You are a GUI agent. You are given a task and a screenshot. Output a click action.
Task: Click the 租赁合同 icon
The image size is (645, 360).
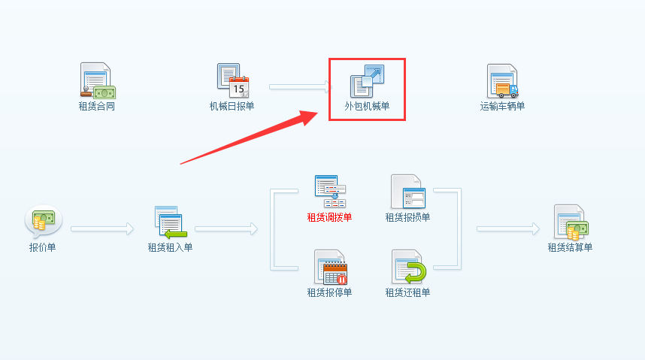(x=97, y=81)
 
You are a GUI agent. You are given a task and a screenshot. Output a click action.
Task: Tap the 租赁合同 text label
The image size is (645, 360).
(x=97, y=106)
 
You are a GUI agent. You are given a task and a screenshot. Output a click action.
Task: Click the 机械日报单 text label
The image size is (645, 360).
(x=232, y=106)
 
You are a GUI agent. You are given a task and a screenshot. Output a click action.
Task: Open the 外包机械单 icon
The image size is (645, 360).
(x=368, y=81)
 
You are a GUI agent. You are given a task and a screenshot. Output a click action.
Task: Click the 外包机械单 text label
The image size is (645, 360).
(x=368, y=106)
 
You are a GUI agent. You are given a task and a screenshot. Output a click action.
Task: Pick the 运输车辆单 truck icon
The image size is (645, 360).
(x=502, y=81)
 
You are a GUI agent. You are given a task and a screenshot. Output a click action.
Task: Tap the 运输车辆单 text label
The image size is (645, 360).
(x=502, y=106)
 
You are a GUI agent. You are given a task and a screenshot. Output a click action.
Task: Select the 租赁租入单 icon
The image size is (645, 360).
(x=170, y=222)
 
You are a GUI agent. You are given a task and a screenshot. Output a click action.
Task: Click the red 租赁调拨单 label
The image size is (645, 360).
(x=329, y=217)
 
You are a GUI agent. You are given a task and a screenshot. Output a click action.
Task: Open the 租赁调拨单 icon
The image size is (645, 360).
(x=330, y=192)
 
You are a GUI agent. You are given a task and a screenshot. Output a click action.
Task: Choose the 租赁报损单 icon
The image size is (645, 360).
(x=408, y=192)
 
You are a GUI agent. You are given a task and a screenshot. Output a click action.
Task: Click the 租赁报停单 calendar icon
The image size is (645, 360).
(x=330, y=268)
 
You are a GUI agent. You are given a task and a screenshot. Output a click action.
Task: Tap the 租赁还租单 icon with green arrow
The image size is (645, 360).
(x=408, y=268)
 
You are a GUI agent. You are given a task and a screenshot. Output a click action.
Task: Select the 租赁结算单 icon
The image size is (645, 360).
(x=571, y=222)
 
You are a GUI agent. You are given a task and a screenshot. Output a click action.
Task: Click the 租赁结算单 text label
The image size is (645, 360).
(x=570, y=247)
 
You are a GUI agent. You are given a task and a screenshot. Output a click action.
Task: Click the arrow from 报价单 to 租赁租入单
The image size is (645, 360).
(x=102, y=228)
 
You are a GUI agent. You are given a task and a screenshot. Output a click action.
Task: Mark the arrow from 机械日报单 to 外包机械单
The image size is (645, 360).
(x=300, y=87)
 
